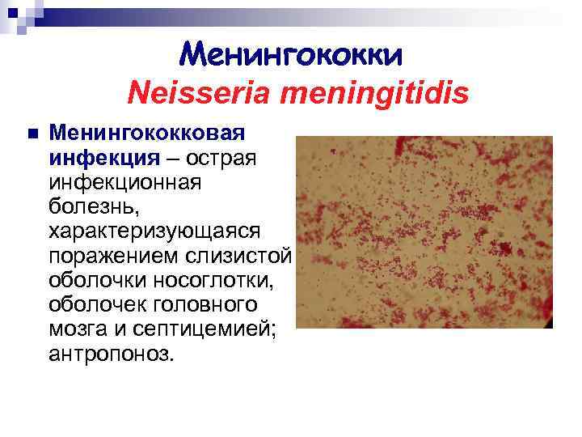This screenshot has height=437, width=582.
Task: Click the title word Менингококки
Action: coord(290,54)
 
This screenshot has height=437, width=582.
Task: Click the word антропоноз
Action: coord(110,356)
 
